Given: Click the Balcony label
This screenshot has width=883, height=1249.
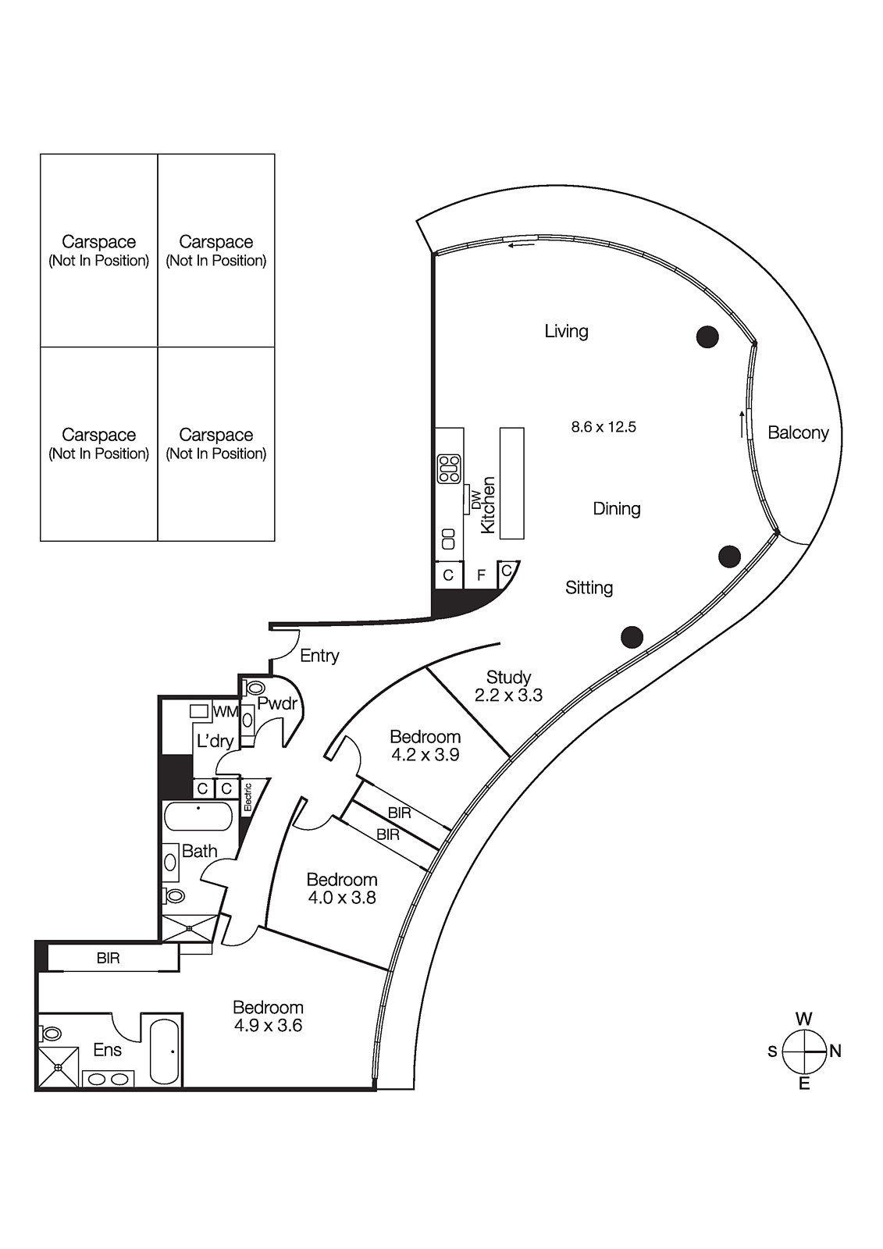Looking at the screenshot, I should [797, 432].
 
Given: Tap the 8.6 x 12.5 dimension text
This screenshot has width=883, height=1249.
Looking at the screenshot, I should [604, 427].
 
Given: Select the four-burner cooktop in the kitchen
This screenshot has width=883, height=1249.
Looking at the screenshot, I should [449, 468].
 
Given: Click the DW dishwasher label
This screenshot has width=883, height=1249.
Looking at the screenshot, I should [475, 500].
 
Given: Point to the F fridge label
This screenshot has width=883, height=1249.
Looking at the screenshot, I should [482, 575].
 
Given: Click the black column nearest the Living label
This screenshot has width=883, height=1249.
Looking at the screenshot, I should [707, 336].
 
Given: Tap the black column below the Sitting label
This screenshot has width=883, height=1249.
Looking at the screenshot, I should [632, 637].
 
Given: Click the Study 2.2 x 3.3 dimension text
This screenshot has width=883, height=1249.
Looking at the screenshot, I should [508, 696].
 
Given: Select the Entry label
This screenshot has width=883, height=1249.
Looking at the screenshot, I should [319, 656].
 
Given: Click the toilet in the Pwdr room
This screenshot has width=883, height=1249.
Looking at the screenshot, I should [255, 689].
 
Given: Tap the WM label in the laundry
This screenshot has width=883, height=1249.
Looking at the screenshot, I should [225, 711].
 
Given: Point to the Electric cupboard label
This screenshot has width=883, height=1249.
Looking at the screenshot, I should [247, 797].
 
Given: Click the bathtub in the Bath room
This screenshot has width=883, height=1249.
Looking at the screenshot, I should [198, 817].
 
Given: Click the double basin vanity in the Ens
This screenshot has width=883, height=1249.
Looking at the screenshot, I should [109, 1079].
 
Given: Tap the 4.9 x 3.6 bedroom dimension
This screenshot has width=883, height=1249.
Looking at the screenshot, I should [268, 1026].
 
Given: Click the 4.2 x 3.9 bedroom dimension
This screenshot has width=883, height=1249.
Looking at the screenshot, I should [425, 755].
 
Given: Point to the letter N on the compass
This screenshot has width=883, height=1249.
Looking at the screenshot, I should [835, 1052].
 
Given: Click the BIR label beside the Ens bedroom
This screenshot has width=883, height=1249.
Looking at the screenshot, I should [109, 958].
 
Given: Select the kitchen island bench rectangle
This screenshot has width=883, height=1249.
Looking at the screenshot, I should [511, 483].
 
